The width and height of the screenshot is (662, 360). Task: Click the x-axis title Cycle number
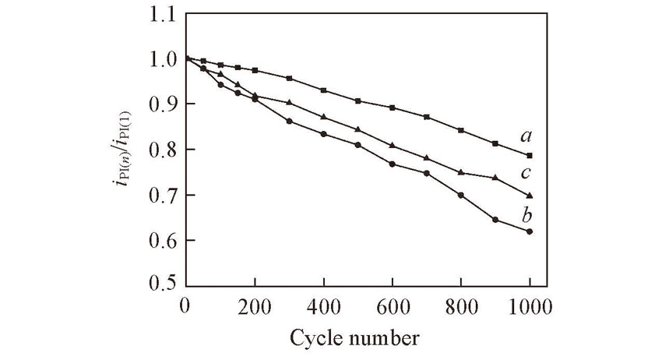354,338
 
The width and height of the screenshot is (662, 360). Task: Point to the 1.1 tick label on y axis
159,14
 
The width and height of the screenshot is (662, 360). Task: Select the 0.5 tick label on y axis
159,285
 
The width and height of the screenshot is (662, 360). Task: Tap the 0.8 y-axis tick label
159,150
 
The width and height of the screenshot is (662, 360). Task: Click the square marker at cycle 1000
530,155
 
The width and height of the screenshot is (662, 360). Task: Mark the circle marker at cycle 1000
530,231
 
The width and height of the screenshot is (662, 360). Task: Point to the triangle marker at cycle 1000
530,195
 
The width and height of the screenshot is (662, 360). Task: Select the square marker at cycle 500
357,101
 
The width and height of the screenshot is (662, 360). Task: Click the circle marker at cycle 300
289,121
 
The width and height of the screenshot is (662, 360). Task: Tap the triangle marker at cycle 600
392,145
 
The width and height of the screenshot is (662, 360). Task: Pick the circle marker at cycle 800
461,195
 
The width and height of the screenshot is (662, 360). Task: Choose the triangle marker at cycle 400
323,117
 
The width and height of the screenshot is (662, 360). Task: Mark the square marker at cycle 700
427,117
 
